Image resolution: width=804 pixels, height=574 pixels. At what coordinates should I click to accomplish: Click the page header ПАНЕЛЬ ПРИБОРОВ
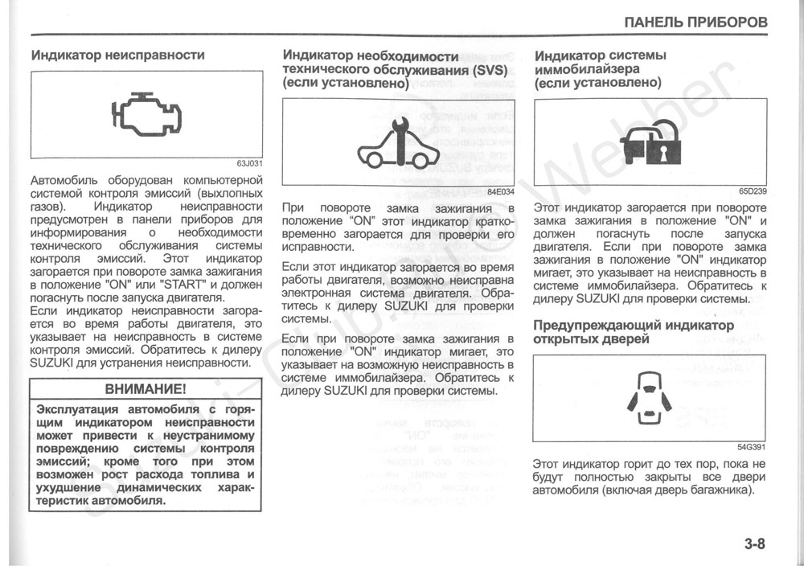point(695,22)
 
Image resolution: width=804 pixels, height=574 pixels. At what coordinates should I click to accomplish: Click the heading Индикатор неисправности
point(117,55)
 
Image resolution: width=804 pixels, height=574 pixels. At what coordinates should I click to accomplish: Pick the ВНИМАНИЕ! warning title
point(146,389)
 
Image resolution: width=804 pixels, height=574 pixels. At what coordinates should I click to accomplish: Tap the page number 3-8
point(754,544)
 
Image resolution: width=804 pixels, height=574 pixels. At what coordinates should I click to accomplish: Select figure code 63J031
point(249,164)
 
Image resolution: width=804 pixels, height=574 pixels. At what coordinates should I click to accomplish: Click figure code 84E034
point(500,192)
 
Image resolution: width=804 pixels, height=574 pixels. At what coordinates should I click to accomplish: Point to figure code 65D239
point(753,191)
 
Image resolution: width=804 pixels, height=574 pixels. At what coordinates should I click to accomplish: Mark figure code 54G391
point(753,447)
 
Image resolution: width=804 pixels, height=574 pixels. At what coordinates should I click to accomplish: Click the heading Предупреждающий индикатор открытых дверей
point(634,332)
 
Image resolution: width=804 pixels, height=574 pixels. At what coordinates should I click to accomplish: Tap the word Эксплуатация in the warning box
point(80,410)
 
